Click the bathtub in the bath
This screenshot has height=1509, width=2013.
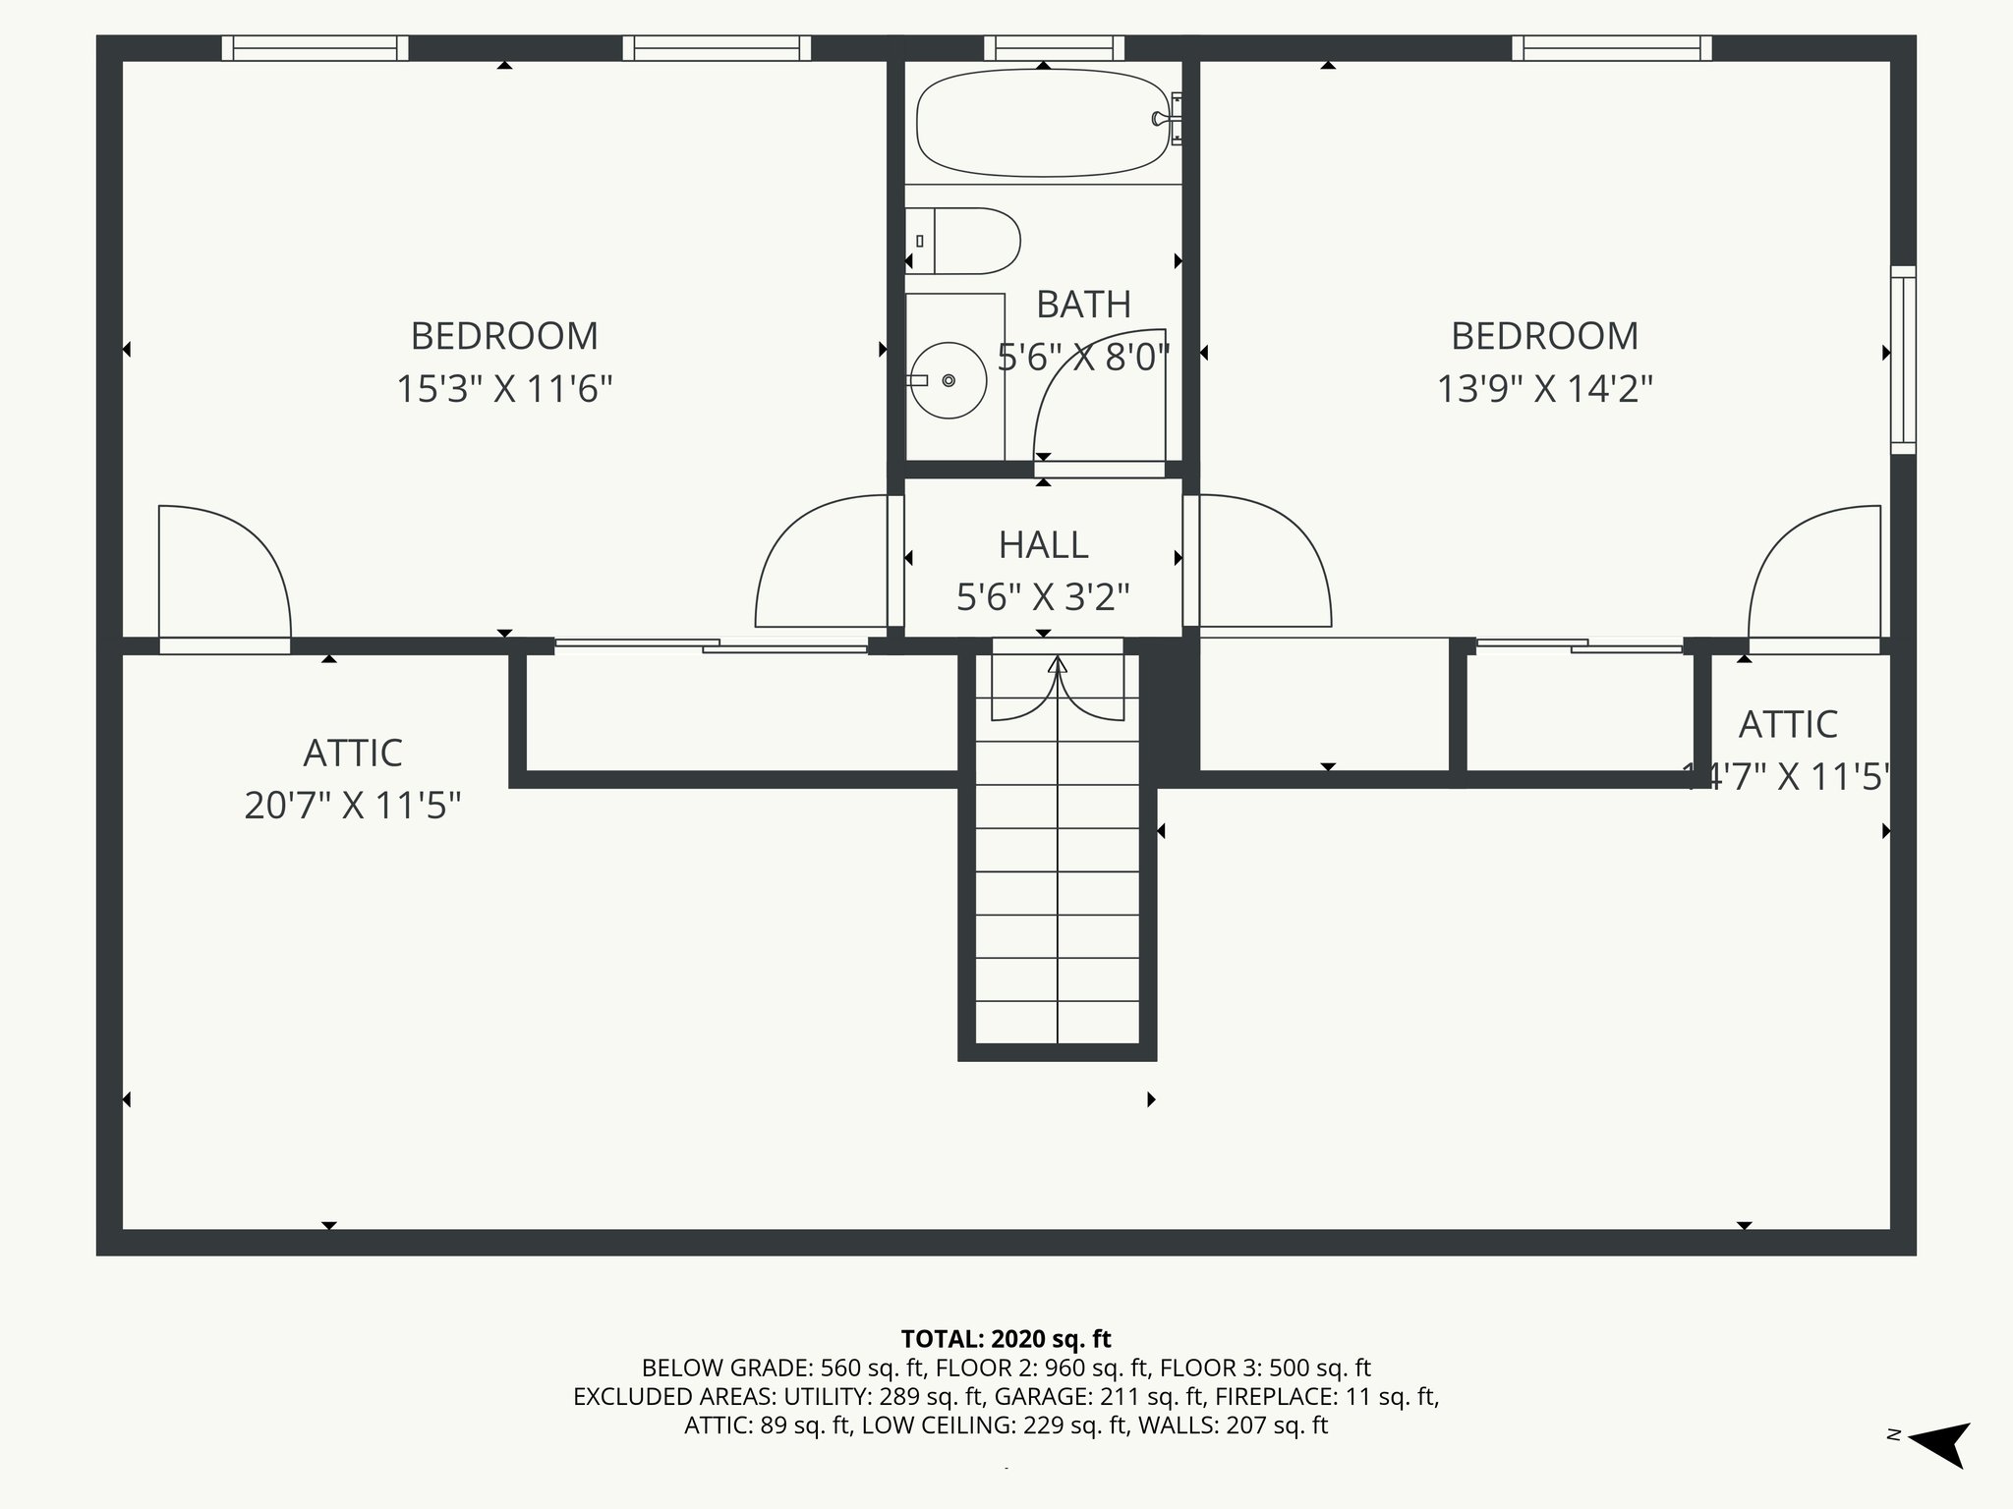coord(1043,123)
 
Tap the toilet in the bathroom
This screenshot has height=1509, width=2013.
coord(963,241)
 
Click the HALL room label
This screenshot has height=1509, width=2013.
coord(1043,544)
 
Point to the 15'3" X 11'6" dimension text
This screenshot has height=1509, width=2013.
coord(504,389)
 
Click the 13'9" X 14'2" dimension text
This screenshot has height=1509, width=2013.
coord(1545,389)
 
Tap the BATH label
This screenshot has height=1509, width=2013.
coord(1084,305)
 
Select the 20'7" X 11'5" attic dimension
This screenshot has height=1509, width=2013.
coord(353,807)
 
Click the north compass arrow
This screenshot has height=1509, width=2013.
coord(1939,1445)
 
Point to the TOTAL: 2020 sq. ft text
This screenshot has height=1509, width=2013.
coord(1006,1339)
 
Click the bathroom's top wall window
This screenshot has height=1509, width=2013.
coord(1055,48)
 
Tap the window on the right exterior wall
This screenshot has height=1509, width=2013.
coord(1904,360)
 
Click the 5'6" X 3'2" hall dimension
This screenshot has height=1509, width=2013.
coord(1043,597)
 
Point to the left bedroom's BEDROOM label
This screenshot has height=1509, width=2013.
coord(504,336)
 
